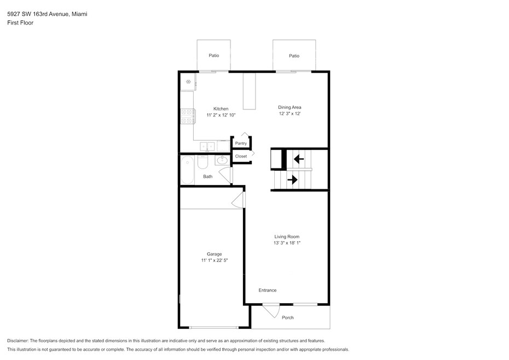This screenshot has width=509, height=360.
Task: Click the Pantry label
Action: [241, 143]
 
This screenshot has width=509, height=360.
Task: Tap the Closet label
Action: [241, 156]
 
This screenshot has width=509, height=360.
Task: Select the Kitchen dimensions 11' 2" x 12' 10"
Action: [221, 115]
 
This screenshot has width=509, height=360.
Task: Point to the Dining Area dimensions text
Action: [290, 114]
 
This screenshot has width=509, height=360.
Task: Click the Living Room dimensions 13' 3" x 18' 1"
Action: [287, 243]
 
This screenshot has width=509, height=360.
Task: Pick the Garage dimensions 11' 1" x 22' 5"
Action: [214, 260]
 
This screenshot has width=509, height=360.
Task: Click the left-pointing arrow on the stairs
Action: [299, 159]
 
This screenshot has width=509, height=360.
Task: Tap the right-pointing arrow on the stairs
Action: [292, 179]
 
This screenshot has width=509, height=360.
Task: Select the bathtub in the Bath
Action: [187, 170]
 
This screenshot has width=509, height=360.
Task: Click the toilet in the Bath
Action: [203, 162]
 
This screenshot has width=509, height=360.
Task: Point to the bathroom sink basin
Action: [223, 160]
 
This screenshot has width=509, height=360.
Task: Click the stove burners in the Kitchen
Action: [187, 116]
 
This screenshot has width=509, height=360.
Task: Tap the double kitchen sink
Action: [207, 147]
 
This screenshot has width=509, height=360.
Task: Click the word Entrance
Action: [268, 290]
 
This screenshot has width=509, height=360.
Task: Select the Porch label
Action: [287, 317]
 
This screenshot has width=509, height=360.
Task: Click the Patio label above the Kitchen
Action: [214, 55]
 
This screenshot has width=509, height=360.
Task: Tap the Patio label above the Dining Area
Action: [294, 56]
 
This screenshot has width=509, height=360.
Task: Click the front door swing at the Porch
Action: [271, 311]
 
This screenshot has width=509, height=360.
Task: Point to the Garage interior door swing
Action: [238, 199]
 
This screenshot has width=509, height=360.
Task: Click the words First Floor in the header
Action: [20, 23]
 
